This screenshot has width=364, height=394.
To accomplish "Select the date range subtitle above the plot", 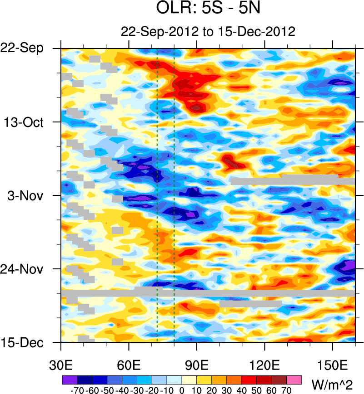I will tap(208, 32).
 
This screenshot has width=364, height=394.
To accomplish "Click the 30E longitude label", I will tap(61, 364).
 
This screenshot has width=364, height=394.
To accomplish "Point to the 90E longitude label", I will tap(197, 364).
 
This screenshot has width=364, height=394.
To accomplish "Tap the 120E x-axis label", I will tap(264, 364).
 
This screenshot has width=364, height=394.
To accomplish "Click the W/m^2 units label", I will tap(331, 384).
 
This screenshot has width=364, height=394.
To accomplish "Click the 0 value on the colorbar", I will tap(182, 389).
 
